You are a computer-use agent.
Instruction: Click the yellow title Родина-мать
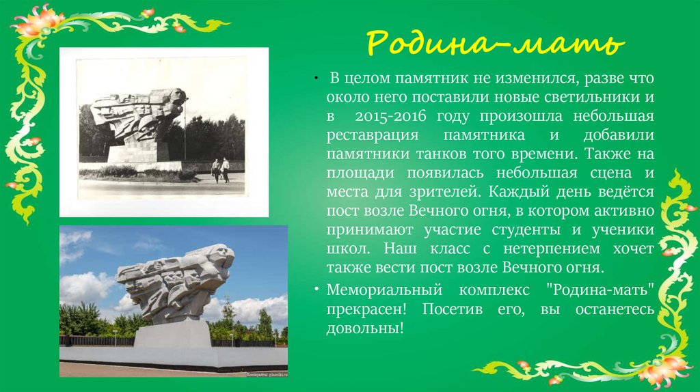tap(495, 43)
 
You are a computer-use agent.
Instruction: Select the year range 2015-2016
tap(390, 116)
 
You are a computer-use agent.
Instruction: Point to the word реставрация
tap(373, 136)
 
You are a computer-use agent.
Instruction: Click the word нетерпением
tap(552, 249)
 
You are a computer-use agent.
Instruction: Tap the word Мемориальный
tap(384, 290)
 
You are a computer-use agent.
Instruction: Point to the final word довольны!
tap(365, 328)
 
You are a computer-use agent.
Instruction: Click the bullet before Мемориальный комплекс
tap(317, 290)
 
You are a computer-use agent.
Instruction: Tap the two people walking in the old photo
tap(221, 170)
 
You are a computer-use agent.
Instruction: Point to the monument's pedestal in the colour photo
tap(173, 334)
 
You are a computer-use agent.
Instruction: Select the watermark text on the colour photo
tap(266, 374)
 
